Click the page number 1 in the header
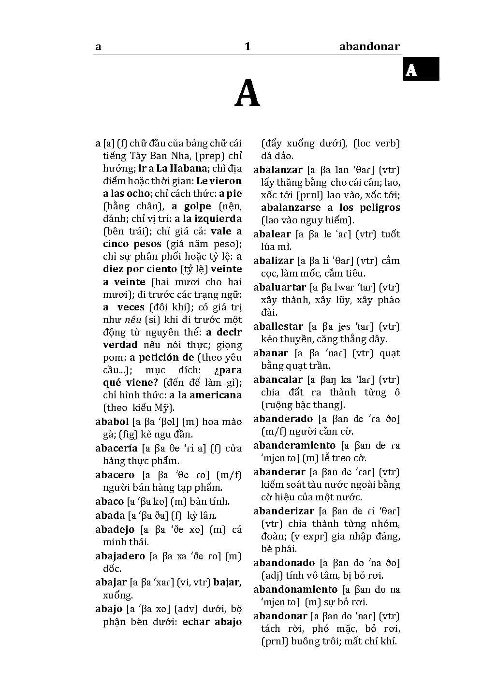[248, 47]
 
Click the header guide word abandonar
[369, 47]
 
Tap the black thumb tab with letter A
[421, 69]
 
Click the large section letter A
[247, 94]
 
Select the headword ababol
[112, 422]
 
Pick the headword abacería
[116, 449]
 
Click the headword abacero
[115, 475]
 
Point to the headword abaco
[109, 502]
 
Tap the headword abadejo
[115, 530]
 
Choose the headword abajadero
[120, 556]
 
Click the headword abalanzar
[277, 170]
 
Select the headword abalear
[272, 234]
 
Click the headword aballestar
[278, 327]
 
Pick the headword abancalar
[277, 380]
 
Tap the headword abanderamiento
[294, 445]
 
